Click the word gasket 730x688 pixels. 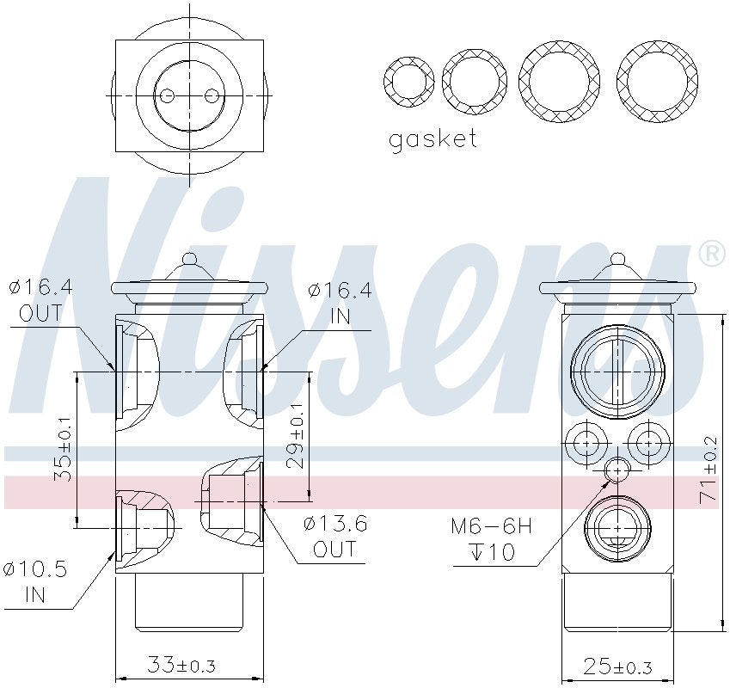coord(432,139)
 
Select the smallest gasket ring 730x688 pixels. coord(408,83)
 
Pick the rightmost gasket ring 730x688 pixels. coord(658,81)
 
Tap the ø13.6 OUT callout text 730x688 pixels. coord(334,536)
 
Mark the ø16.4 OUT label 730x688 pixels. coord(40,300)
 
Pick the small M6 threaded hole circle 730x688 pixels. coord(617,470)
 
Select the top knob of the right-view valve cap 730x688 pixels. coord(617,257)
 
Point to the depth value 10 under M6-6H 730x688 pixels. coord(502,551)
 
